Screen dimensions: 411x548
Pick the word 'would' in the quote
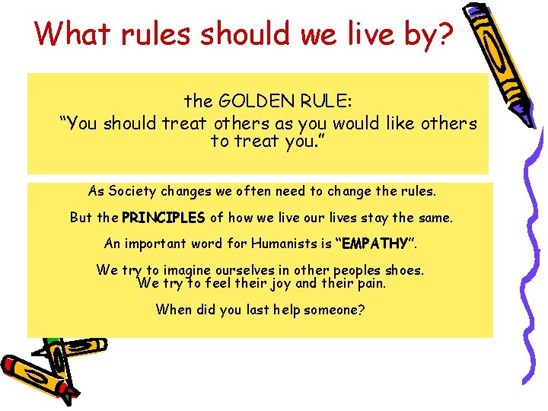pyautogui.click(x=361, y=123)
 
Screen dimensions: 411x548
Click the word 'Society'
pyautogui.click(x=132, y=190)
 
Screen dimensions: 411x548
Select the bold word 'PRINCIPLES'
pyautogui.click(x=163, y=218)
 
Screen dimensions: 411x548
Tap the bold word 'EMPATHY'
pyautogui.click(x=374, y=245)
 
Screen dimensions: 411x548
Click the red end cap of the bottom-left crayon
pyautogui.click(x=68, y=394)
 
